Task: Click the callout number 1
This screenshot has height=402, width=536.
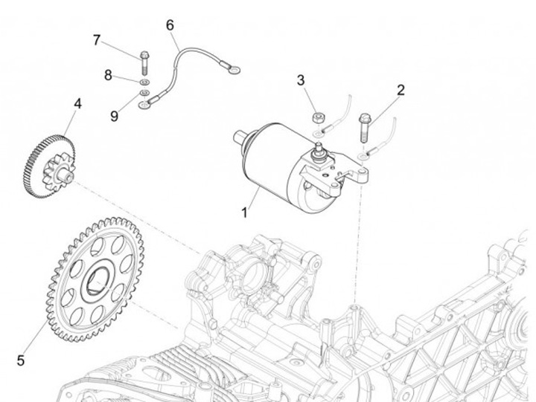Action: (243, 213)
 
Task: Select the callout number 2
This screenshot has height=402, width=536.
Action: (401, 91)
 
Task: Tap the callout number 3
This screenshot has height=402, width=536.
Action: (301, 80)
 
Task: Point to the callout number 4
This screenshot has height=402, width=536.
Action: (77, 103)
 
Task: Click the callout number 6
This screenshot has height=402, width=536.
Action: (170, 25)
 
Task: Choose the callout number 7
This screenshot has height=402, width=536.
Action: (97, 39)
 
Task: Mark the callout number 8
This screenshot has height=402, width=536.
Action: (108, 74)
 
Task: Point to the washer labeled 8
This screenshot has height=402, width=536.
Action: (144, 79)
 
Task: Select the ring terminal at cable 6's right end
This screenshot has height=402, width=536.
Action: (234, 71)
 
